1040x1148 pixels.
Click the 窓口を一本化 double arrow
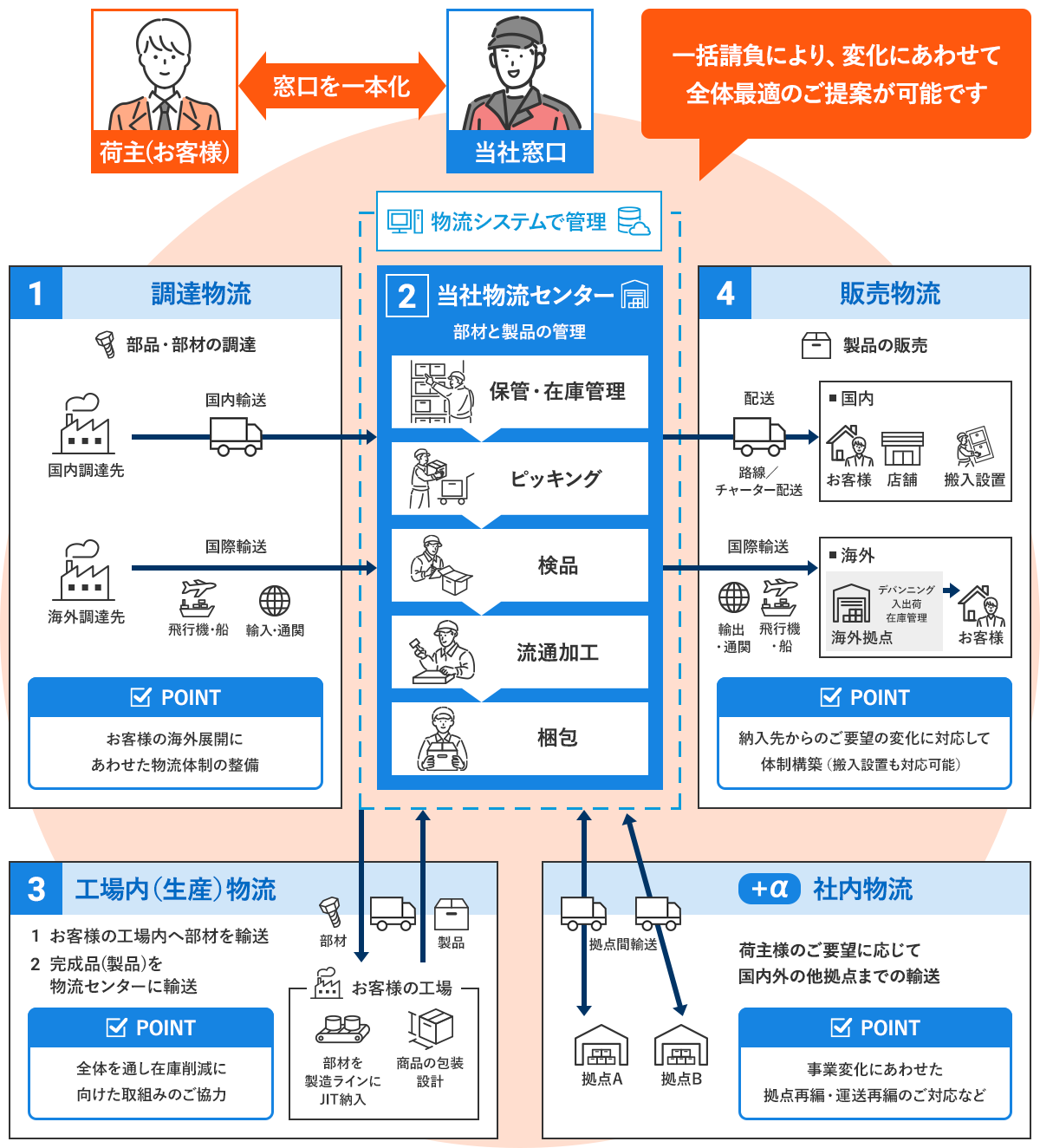(x=341, y=86)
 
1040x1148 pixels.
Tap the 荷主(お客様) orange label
(x=165, y=153)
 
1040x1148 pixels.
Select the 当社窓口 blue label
(x=520, y=153)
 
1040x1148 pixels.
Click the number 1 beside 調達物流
(x=36, y=293)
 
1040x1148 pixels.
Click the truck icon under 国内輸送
(x=236, y=436)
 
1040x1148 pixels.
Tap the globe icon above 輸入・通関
(x=275, y=600)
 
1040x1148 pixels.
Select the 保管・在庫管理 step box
(x=520, y=392)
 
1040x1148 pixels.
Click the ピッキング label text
(x=556, y=479)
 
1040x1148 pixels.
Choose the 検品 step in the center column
(x=520, y=565)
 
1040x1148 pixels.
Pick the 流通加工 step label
(x=557, y=653)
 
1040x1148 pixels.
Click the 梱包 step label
(x=557, y=738)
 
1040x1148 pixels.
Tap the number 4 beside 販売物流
(x=725, y=293)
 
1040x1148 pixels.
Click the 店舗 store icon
(x=902, y=448)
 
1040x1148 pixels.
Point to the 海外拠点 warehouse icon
(x=851, y=603)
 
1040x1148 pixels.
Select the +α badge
(x=770, y=889)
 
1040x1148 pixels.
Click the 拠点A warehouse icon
(x=601, y=1046)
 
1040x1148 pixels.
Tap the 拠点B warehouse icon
(x=681, y=1046)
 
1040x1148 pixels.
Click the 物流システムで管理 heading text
(x=518, y=222)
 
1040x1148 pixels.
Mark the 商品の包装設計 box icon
(x=432, y=1028)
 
